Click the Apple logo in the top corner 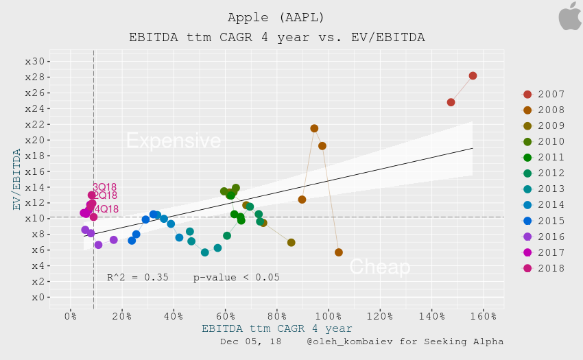[569, 16]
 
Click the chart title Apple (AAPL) [276, 16]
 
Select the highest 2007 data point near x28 [473, 75]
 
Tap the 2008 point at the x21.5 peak [314, 128]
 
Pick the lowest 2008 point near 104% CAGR [339, 252]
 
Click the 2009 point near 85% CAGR [291, 243]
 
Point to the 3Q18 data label [104, 187]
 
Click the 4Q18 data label [106, 209]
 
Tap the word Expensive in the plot [174, 141]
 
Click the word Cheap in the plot [379, 267]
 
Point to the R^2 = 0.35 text [138, 278]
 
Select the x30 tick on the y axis [34, 61]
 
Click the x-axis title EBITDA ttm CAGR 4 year [277, 329]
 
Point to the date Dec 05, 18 [252, 341]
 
